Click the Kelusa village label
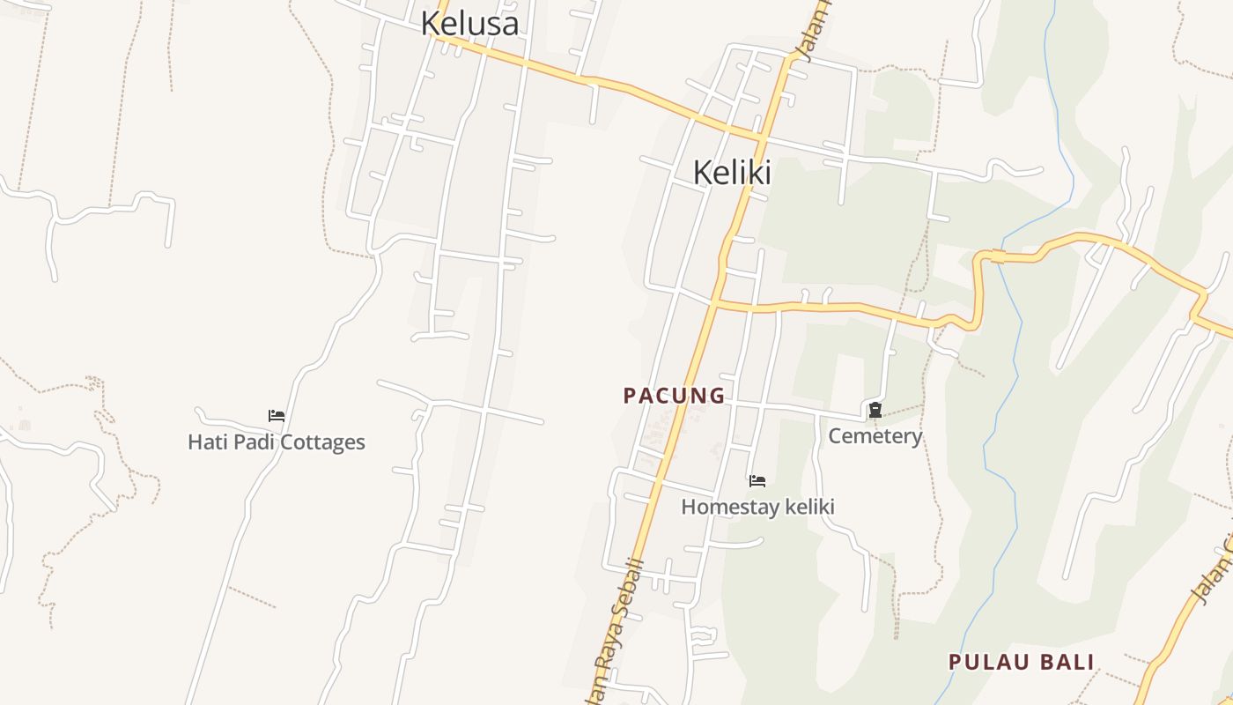tap(469, 23)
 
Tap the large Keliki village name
tap(732, 172)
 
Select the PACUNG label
tap(674, 396)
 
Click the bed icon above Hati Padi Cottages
tap(276, 415)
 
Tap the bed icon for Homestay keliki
tap(757, 481)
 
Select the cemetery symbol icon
tap(875, 410)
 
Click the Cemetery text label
tap(875, 435)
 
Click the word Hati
tap(204, 442)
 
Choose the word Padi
tap(247, 442)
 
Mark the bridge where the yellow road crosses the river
tap(999, 256)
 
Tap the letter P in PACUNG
tap(629, 396)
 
